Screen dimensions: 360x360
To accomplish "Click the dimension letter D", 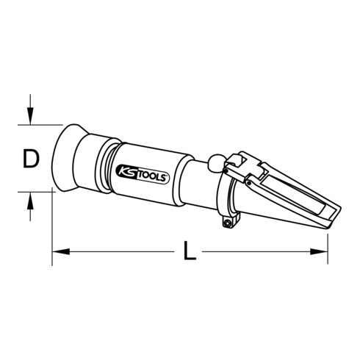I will coord(30,158).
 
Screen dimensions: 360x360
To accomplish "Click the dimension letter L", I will coord(190,252).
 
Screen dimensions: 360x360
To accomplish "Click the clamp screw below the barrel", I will coord(229,219).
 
